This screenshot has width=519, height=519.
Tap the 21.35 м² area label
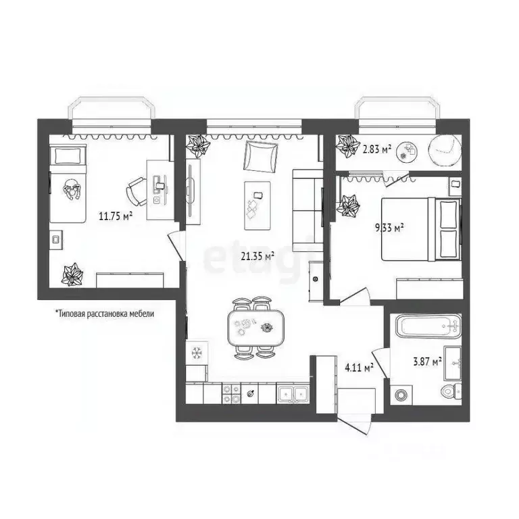[257, 255]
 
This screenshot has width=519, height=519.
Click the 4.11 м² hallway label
[359, 368]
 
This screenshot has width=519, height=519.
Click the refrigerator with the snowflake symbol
[197, 352]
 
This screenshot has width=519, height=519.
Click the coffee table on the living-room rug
[257, 201]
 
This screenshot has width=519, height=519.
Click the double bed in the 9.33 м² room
[420, 228]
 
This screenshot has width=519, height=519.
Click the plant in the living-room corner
[199, 145]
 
